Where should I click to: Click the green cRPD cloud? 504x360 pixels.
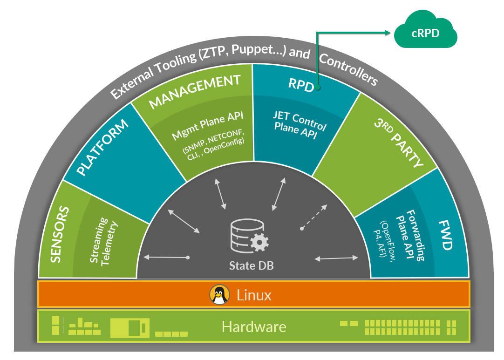click(425, 33)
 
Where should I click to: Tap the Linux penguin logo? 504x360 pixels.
click(219, 294)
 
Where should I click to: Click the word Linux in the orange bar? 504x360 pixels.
click(254, 295)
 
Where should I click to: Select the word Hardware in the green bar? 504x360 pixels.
click(254, 326)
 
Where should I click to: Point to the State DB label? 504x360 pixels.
click(252, 265)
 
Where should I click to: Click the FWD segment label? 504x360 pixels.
click(446, 236)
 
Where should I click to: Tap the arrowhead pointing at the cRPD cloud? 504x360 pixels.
click(388, 32)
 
